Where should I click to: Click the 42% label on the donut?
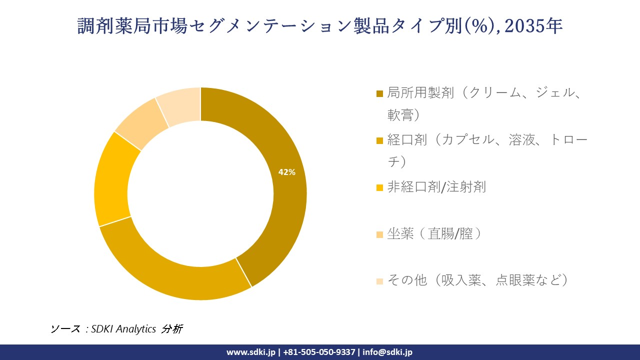(286, 172)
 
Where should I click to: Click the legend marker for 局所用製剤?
(379, 93)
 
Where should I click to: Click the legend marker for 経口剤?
(379, 140)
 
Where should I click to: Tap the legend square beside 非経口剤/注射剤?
(379, 187)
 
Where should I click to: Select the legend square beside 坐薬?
(379, 234)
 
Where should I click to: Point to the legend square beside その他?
(379, 281)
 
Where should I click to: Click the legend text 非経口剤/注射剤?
(436, 187)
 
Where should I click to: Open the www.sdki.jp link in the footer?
(250, 352)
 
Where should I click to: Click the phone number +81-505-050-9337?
(319, 352)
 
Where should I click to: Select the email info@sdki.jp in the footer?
(387, 352)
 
